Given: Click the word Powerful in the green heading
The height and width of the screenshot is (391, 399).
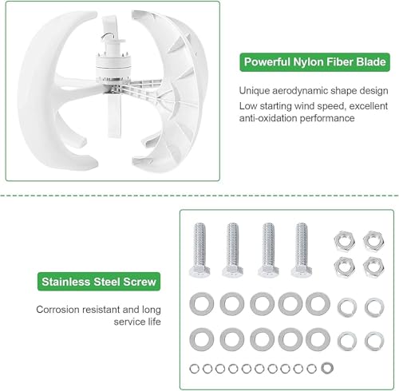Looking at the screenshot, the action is (267, 62).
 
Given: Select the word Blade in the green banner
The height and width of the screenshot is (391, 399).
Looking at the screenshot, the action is (371, 61).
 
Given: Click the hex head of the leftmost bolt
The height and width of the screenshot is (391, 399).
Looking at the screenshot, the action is (199, 271).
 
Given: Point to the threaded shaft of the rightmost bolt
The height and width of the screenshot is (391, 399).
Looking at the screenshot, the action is (302, 244).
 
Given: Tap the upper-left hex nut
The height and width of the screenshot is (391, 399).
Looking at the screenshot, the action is (345, 241).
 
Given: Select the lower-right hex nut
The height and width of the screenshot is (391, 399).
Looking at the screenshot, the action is (373, 267).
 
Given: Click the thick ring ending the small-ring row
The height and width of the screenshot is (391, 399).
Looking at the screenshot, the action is (327, 368).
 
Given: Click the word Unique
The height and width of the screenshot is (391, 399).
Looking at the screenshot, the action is (254, 91).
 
